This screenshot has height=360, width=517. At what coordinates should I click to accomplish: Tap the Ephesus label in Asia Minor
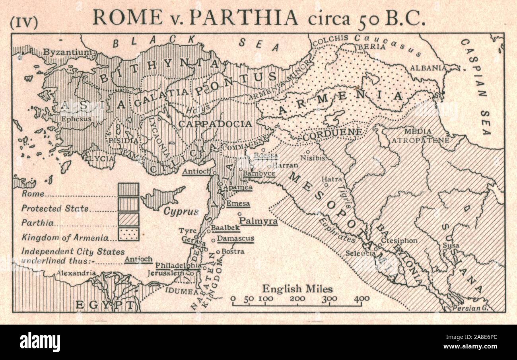point(76,119)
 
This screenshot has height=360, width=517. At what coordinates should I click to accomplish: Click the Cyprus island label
point(181,211)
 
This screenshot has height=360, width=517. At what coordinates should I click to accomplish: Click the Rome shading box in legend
point(128,189)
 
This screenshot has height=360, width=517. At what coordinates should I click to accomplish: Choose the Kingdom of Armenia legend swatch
point(128,234)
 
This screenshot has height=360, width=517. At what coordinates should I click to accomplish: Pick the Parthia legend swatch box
point(128,219)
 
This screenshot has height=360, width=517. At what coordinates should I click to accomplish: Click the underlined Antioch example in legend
point(138,259)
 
